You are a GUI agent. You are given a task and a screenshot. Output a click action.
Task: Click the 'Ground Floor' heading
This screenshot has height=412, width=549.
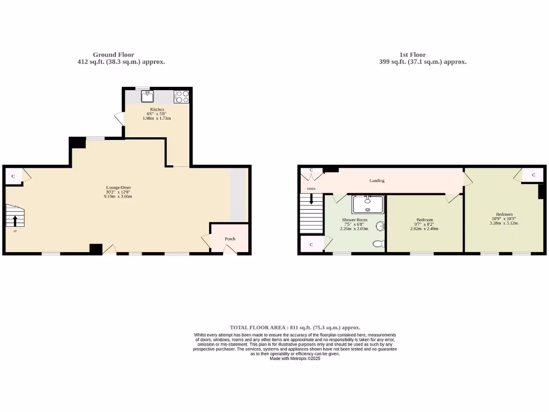coord(113,55)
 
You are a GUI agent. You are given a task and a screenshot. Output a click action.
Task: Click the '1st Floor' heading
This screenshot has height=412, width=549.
coord(412,55)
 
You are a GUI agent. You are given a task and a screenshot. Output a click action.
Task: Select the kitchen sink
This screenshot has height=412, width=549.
coord(147,97)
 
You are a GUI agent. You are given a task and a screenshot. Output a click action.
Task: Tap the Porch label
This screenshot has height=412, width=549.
coord(229,239)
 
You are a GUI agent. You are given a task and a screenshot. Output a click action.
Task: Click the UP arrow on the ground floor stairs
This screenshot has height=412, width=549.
coord(14,220)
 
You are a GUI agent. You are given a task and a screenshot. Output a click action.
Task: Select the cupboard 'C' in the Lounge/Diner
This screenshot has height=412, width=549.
coord(14,176)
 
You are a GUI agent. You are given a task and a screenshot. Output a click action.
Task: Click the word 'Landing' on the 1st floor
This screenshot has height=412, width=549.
coord(377,181)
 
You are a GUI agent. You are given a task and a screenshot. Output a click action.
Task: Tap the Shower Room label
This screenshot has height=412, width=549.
coord(354,220)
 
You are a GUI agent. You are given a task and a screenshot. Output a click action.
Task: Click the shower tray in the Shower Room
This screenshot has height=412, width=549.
coord(368,204)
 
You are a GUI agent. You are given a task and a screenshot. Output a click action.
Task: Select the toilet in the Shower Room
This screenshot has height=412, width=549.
coord(379,244)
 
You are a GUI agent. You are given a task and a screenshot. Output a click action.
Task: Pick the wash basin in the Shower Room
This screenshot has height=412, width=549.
coord(381,226)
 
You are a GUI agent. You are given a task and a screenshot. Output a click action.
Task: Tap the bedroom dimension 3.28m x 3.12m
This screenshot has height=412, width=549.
coord(503,223)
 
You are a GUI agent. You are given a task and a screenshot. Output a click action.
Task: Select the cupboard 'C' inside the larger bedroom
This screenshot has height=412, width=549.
coord(533,175)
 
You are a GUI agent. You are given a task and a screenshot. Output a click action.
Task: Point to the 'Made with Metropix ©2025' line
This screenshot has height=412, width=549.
coord(295,358)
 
